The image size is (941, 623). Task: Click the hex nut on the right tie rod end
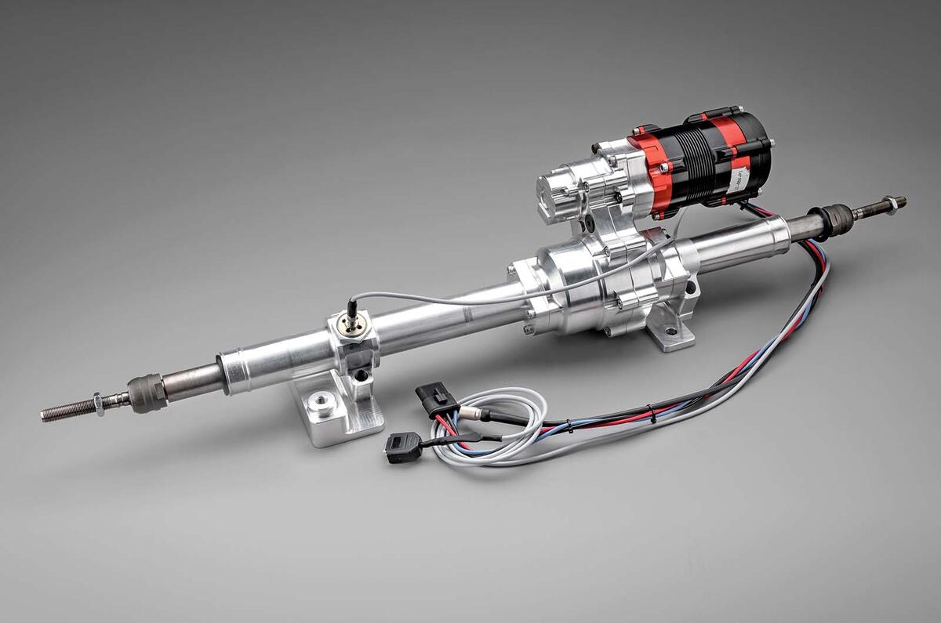coord(890,205)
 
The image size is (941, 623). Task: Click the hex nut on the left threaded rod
coord(100,404)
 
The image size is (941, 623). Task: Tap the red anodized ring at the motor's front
coord(649,172)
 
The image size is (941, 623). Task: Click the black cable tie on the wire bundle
coord(571,427)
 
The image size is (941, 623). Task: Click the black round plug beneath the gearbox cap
coord(587,224)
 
